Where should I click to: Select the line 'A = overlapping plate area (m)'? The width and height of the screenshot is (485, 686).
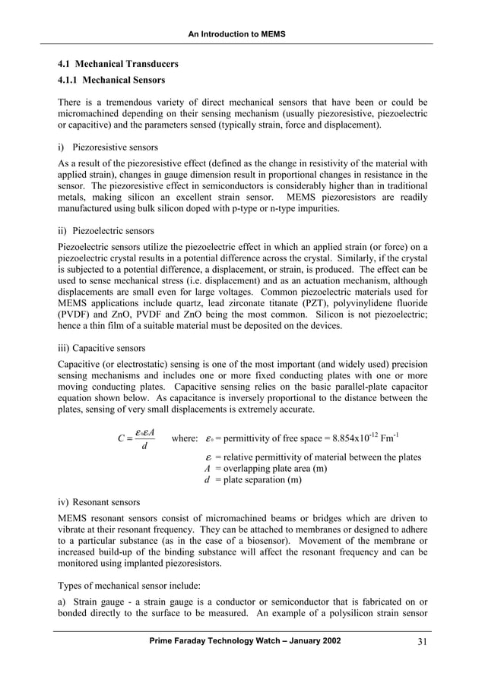(261, 469)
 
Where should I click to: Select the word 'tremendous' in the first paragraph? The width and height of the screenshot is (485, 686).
(128, 103)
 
